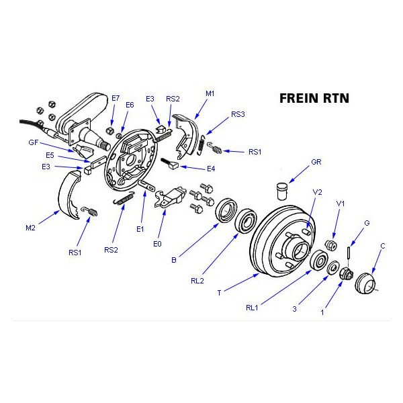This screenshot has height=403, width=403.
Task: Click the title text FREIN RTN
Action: coord(314,98)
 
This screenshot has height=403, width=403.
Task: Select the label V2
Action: coord(318,192)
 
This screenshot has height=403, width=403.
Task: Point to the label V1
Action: coord(341,204)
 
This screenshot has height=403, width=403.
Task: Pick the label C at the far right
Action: coord(382,246)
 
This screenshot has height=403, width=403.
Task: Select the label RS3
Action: coord(238,114)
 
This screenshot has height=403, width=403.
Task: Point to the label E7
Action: coord(116,99)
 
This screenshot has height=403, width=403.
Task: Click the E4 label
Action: coord(211,168)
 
